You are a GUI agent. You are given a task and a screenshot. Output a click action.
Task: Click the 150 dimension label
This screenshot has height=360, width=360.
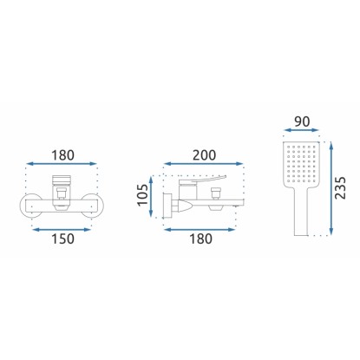point(62,239)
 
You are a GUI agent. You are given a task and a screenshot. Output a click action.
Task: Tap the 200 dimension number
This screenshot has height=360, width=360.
point(204,155)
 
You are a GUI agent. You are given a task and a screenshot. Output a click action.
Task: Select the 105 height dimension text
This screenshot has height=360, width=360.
point(143,195)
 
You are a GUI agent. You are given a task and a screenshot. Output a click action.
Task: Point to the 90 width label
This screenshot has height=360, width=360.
point(302,121)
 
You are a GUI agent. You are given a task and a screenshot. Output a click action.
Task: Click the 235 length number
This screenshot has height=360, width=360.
point(340,187)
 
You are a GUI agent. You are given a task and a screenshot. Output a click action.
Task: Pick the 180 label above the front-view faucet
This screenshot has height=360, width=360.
point(62,155)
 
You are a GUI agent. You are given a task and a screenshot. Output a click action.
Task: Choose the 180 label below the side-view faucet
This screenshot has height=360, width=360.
point(200,239)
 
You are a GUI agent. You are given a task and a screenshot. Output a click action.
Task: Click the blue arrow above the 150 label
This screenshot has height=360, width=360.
point(62,230)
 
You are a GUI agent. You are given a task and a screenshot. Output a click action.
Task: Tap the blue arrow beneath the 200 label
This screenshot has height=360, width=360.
point(204,164)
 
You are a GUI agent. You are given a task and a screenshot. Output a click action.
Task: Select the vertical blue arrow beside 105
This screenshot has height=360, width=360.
point(151,196)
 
